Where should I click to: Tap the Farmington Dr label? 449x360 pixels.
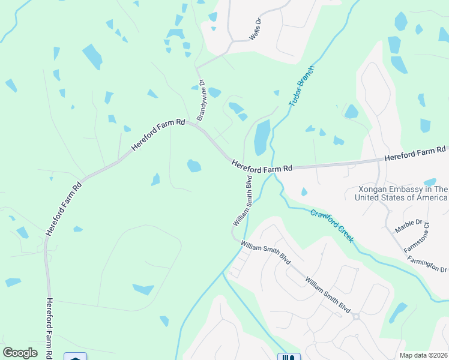pos(427,262)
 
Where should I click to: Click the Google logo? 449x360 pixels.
pos(20,352)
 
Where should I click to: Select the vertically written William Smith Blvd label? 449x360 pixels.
pos(243,200)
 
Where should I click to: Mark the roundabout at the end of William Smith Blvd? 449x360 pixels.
pos(355,316)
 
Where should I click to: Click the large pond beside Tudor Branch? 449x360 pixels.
pos(262,137)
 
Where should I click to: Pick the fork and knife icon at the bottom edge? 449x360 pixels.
pos(289,357)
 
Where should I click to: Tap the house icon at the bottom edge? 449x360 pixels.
pos(75,357)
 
